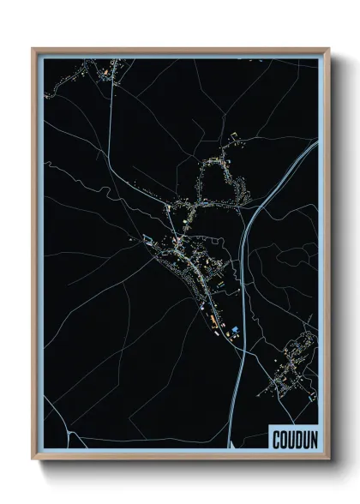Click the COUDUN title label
coord(292,440)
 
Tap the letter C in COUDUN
coord(276,440)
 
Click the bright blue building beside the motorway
coord(234,330)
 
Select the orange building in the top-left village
coord(107,69)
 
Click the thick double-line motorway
coord(245,283)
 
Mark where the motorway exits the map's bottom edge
coord(231,447)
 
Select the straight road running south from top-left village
coord(111,120)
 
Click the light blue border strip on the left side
coord(40,257)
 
